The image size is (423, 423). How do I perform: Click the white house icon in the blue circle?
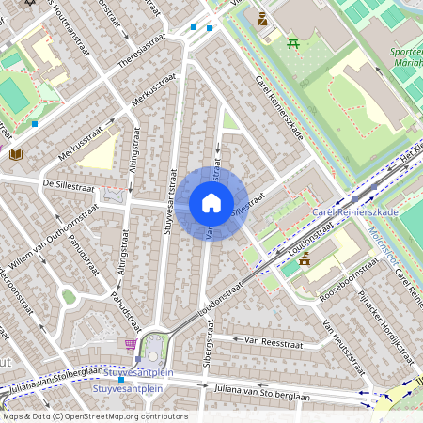pos(211,203)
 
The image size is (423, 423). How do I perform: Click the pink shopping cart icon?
pos(130,344)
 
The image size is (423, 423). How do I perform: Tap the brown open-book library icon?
pos(15,154)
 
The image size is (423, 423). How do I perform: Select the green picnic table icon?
pos(292,42)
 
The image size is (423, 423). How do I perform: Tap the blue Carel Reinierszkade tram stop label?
pos(355,212)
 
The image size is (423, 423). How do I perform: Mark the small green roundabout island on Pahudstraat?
pos(69,297)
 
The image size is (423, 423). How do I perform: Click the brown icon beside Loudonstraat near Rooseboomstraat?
pos(304,258)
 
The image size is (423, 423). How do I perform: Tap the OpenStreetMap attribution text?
pos(94,415)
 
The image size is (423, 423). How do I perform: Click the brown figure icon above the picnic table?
pos(262,19)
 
